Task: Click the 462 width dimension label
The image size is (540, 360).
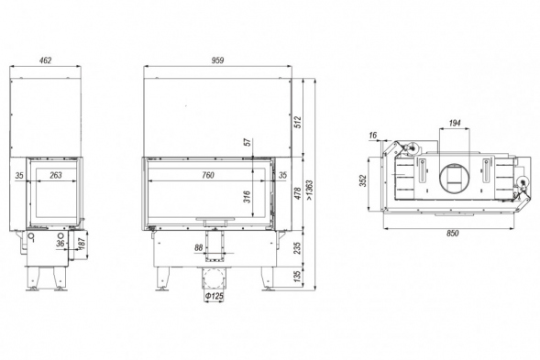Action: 46,60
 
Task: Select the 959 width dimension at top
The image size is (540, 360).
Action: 217,60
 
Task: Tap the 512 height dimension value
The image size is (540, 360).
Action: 298,122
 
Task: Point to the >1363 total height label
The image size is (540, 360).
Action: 310,190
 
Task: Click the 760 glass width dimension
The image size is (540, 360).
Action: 208,175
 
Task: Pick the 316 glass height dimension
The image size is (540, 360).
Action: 248,197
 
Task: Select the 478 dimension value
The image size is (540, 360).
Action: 298,193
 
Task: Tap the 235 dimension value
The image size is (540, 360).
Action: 298,248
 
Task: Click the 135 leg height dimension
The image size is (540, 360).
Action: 298,276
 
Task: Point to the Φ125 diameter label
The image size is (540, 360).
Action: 215,296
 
